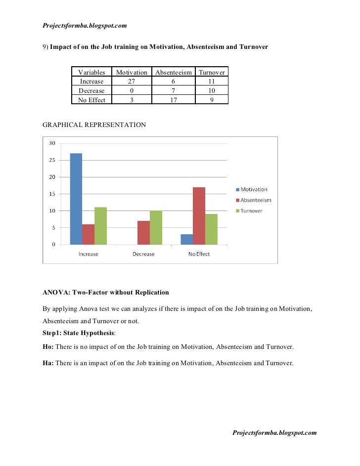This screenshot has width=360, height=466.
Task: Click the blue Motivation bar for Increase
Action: coord(76,199)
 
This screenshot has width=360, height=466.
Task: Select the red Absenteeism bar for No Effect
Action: coord(199,215)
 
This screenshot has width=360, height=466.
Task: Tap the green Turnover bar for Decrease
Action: coord(156,227)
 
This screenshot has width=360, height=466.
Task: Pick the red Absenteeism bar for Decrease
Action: coord(143,232)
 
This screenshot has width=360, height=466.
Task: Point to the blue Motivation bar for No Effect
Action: coord(186,239)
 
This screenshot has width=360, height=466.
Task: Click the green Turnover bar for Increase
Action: coord(100,226)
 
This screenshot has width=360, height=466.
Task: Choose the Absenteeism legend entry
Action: coord(256,200)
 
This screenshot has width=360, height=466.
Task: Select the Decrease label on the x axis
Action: coord(143,254)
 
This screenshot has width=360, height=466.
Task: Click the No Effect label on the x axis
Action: coord(199,254)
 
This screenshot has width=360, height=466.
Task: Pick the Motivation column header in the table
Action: coord(132,72)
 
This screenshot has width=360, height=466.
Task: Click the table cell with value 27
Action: coord(132,82)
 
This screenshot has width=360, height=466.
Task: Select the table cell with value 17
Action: coord(173,100)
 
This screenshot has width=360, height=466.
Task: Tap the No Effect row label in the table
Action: coord(91,100)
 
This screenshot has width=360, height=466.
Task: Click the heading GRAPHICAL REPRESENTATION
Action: coord(94,125)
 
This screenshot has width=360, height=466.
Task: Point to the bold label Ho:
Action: coord(48,347)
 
